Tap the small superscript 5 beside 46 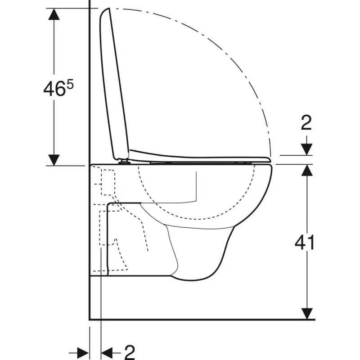(70, 85)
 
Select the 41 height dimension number (304, 242)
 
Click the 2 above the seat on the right (306, 122)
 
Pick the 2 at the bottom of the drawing (130, 352)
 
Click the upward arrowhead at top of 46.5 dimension (54, 14)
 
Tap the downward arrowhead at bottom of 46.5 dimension (54, 160)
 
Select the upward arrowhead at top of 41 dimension (307, 171)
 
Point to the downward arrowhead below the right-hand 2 (307, 149)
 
